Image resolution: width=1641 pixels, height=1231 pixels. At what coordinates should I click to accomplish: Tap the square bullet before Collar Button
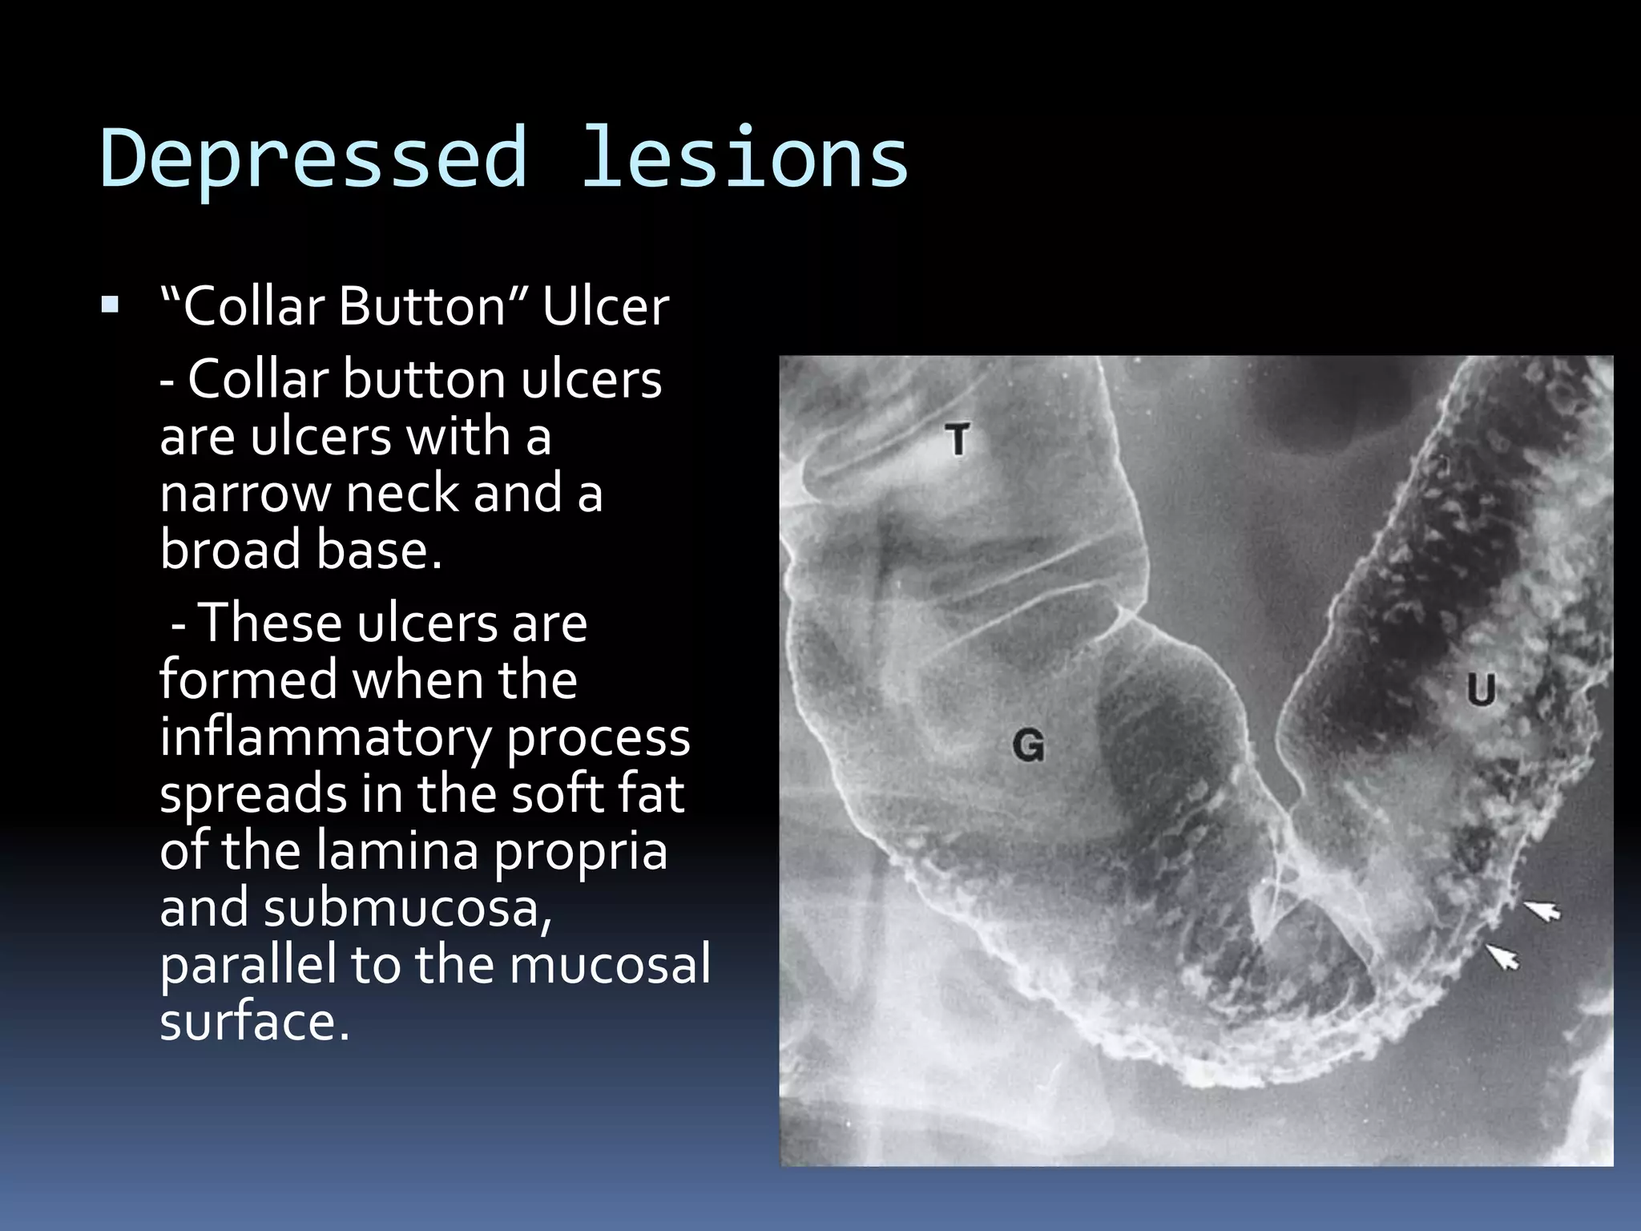[x=111, y=305]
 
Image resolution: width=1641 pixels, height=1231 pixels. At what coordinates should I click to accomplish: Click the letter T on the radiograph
[x=957, y=440]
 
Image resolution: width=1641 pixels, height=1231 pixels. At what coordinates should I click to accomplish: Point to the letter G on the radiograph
[x=1028, y=746]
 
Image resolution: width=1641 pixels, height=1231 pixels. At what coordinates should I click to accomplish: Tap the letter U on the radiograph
[x=1481, y=689]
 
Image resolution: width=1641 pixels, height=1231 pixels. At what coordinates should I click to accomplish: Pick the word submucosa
[x=407, y=908]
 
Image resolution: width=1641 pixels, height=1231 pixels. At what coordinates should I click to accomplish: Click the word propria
[x=580, y=851]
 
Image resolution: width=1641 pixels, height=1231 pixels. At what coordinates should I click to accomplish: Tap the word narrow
[x=244, y=494]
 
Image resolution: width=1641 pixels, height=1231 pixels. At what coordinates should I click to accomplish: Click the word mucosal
[x=610, y=964]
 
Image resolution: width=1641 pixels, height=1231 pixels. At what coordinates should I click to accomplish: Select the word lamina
[x=396, y=851]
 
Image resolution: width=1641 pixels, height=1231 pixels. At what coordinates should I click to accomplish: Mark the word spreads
[x=253, y=794]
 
